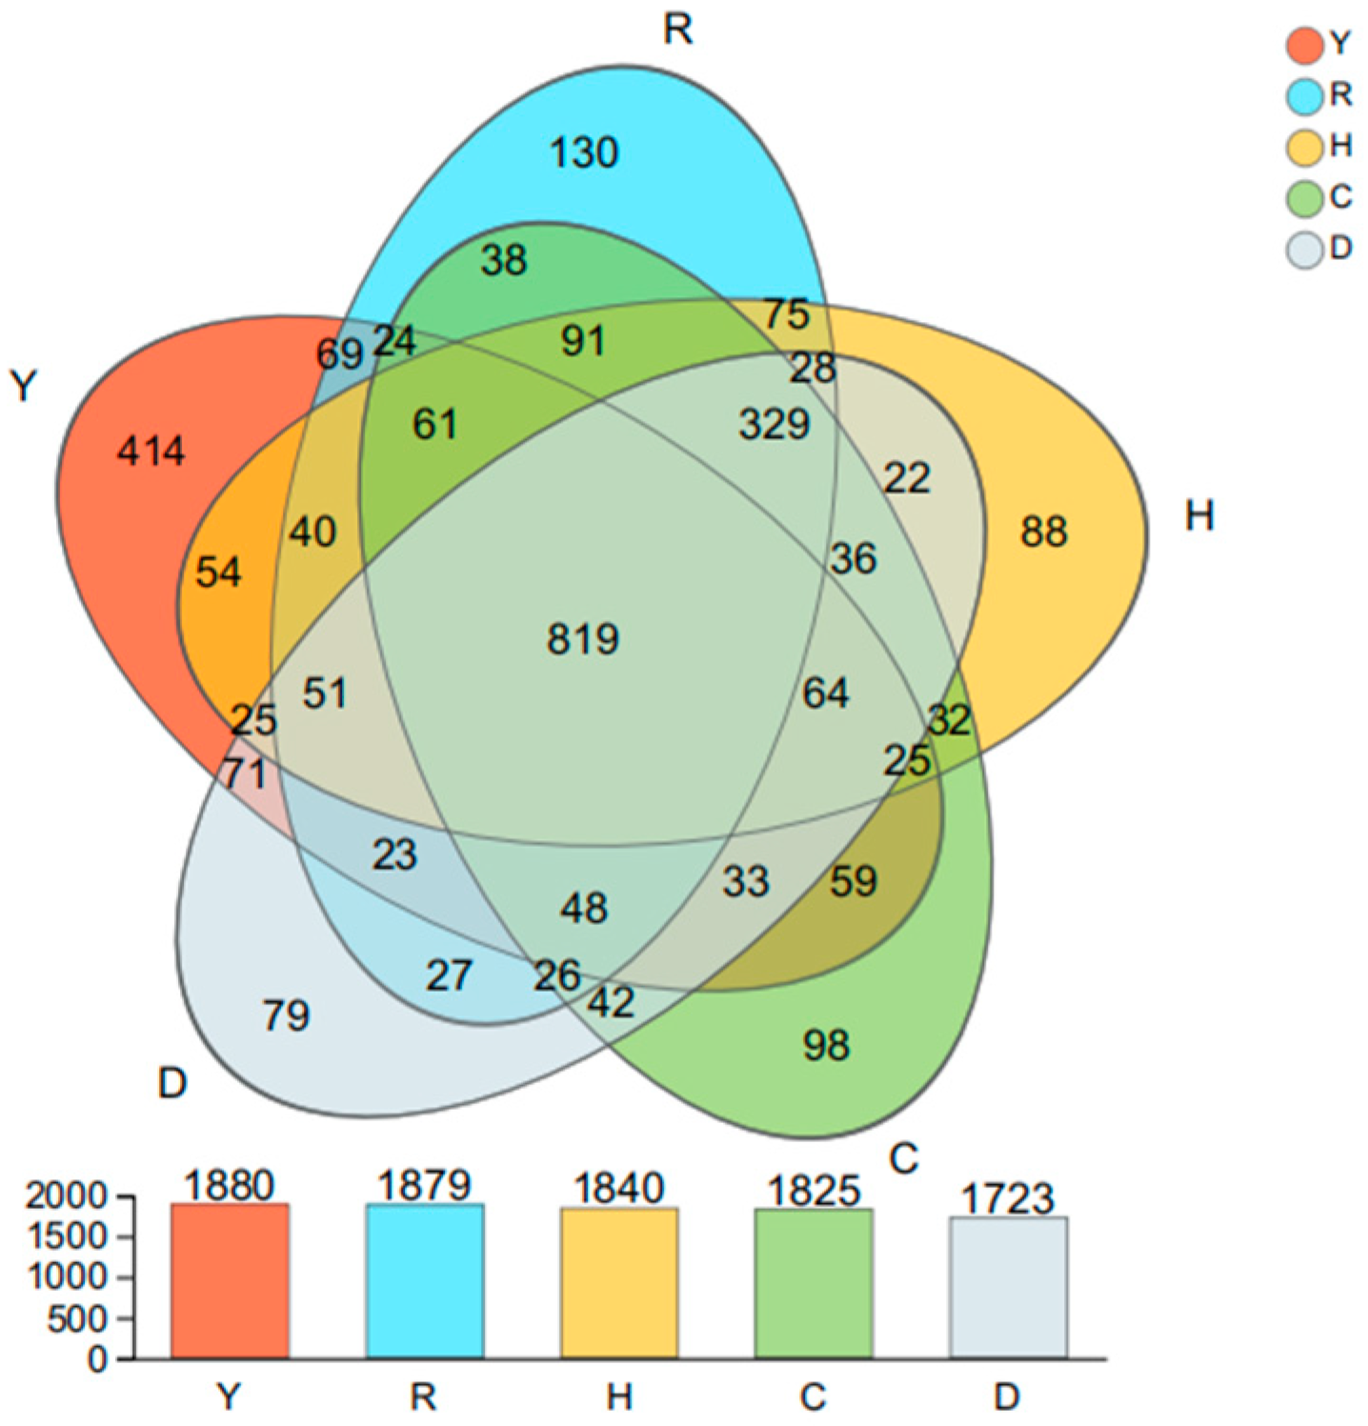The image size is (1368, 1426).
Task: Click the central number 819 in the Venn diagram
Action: pyautogui.click(x=583, y=638)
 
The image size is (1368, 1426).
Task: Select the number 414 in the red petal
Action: pyautogui.click(x=151, y=451)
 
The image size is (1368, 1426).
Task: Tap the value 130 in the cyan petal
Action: pyautogui.click(x=584, y=152)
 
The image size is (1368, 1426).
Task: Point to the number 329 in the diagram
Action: pyautogui.click(x=774, y=424)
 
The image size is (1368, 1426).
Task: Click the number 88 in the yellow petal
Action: pyautogui.click(x=1043, y=532)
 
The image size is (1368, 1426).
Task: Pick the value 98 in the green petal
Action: pyautogui.click(x=826, y=1046)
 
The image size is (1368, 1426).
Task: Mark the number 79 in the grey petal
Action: pyautogui.click(x=286, y=1016)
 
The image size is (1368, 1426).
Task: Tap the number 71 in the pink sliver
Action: pyautogui.click(x=244, y=773)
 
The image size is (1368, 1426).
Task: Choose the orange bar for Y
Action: pyautogui.click(x=230, y=1280)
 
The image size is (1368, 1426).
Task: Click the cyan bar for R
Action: pyautogui.click(x=424, y=1280)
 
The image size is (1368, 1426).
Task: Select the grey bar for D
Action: pyautogui.click(x=1008, y=1287)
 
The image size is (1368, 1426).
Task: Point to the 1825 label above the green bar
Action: pyautogui.click(x=814, y=1191)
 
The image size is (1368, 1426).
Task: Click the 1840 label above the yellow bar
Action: pyautogui.click(x=619, y=1189)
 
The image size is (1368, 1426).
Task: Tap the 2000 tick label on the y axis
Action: pyautogui.click(x=67, y=1196)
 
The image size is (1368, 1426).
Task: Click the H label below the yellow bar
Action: pyautogui.click(x=619, y=1397)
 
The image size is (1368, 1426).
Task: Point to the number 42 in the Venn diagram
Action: pyautogui.click(x=611, y=1002)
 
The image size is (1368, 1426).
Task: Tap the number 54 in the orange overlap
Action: pyautogui.click(x=218, y=572)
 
